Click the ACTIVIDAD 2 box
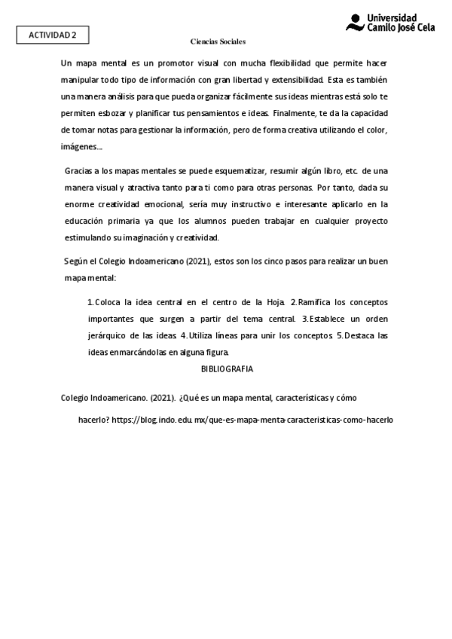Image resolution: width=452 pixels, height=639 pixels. pyautogui.click(x=52, y=35)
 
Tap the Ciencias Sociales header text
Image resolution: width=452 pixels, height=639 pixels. pyautogui.click(x=218, y=41)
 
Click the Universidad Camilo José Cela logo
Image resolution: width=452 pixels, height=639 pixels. pyautogui.click(x=392, y=22)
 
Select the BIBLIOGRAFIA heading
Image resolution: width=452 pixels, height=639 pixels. pyautogui.click(x=227, y=369)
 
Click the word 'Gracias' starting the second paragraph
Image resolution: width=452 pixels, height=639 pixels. pyautogui.click(x=79, y=171)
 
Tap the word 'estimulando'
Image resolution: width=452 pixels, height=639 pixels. pyautogui.click(x=91, y=237)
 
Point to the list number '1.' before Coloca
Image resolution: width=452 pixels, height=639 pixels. pyautogui.click(x=91, y=301)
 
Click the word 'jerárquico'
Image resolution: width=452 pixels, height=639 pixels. pyautogui.click(x=111, y=335)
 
